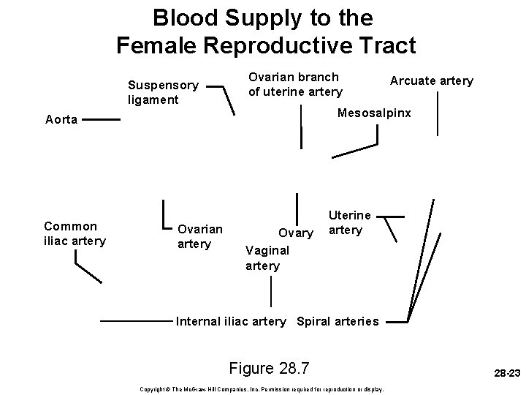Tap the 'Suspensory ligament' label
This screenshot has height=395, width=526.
tap(162, 91)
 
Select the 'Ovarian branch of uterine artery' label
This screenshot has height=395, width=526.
tap(294, 84)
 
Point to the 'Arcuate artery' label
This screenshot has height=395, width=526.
tap(431, 80)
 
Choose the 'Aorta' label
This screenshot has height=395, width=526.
tap(61, 120)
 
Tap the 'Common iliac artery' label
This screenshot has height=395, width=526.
tap(75, 233)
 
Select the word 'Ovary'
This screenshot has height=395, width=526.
tap(296, 233)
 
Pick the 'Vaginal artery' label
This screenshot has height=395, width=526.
tap(267, 257)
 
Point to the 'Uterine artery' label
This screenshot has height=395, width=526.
tap(349, 223)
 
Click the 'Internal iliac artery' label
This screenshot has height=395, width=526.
tap(232, 321)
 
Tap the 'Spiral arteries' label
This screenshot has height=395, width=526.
tap(338, 321)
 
